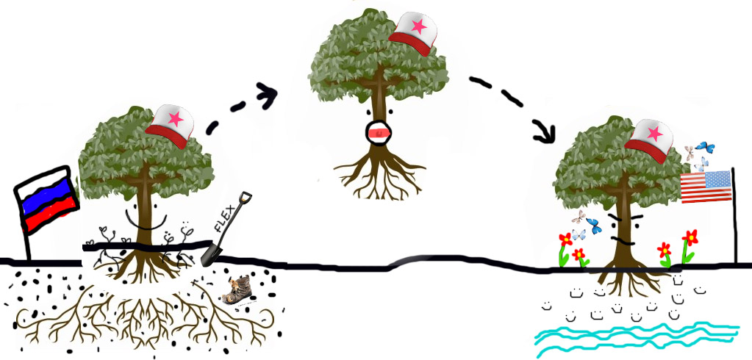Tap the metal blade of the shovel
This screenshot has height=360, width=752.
[x=212, y=254]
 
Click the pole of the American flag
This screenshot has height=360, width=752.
[x=734, y=228]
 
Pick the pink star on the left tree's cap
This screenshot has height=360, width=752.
[x=175, y=118]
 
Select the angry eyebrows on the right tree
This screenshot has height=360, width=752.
[x=624, y=218]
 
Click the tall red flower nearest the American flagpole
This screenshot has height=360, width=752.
[x=690, y=240]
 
